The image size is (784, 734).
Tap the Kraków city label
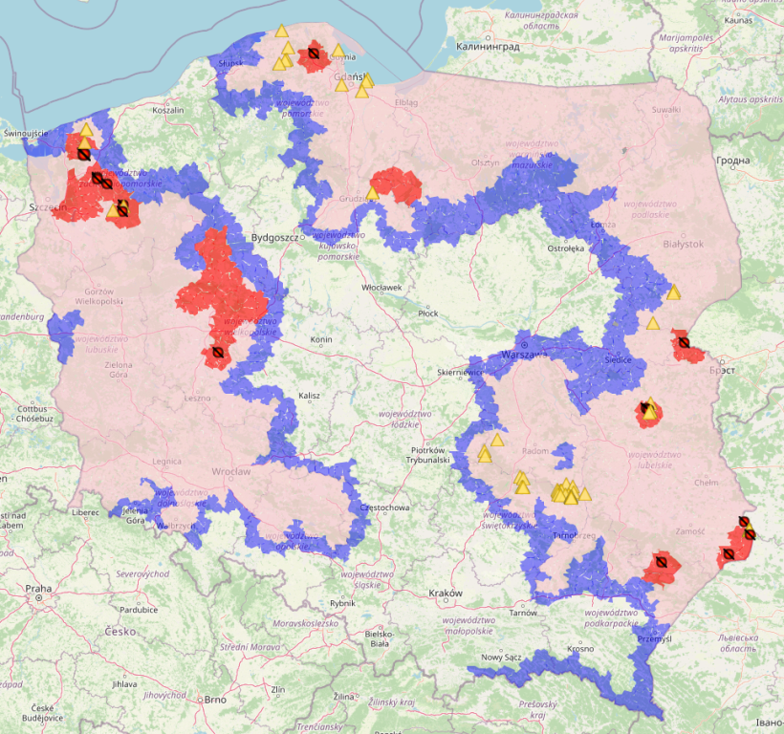point(446,594)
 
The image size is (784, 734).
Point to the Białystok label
point(683,245)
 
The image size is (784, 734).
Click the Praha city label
point(38,589)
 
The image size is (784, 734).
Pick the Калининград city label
point(488,46)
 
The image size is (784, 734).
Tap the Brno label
point(215,700)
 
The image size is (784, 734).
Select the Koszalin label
point(168,111)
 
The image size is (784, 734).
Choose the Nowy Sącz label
point(504,657)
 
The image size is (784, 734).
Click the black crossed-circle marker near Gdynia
point(314,54)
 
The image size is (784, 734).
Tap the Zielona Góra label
point(119,371)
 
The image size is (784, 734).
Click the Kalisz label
point(309,395)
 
